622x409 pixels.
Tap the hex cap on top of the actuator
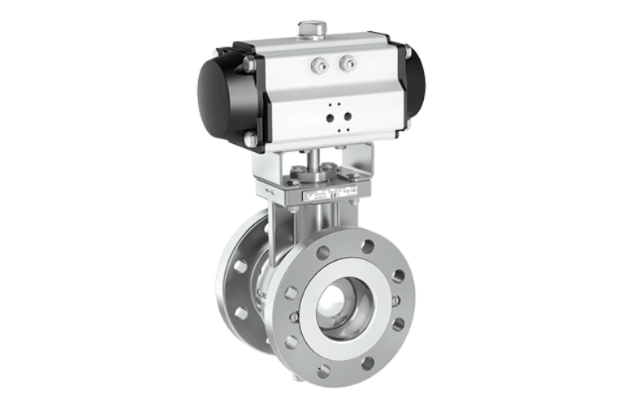click(309, 31)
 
